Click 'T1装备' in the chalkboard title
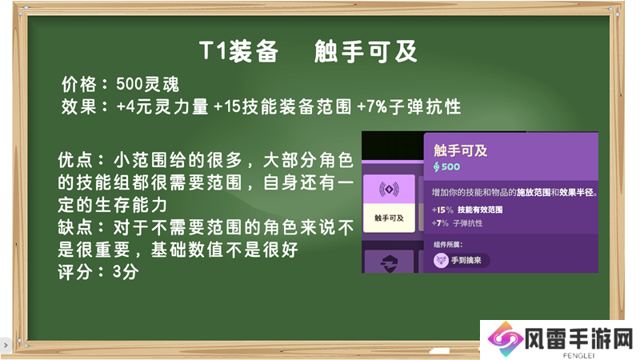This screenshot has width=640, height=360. click(x=238, y=52)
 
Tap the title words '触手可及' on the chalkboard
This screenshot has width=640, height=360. click(x=366, y=52)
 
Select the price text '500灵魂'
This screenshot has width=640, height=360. click(x=147, y=85)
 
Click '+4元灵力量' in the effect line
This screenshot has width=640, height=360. click(x=162, y=106)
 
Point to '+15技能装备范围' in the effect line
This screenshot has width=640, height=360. click(x=282, y=106)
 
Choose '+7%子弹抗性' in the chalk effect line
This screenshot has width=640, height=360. click(x=409, y=106)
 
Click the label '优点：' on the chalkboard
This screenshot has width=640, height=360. click(x=82, y=160)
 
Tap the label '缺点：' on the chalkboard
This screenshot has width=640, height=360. click(x=82, y=227)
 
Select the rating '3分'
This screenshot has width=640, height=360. click(x=126, y=272)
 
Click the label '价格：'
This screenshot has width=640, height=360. click(x=85, y=85)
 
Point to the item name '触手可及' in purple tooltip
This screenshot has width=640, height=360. click(x=461, y=150)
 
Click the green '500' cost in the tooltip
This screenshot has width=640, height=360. click(x=450, y=166)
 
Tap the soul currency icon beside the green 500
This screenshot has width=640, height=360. click(x=436, y=166)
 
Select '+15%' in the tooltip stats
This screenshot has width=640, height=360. click(x=442, y=210)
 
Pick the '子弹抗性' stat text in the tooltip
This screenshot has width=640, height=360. click(x=467, y=223)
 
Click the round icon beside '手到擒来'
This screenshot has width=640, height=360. click(x=441, y=260)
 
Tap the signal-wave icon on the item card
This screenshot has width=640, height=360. click(x=389, y=190)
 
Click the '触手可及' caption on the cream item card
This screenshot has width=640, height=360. click(x=389, y=218)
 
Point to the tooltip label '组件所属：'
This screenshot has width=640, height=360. click(x=448, y=245)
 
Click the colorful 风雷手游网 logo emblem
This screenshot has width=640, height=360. click(x=506, y=339)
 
